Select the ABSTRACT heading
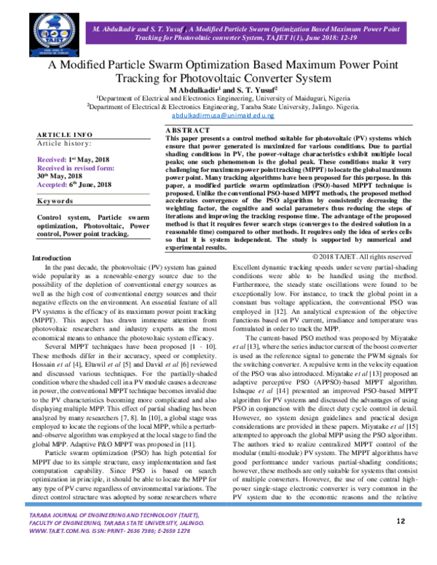[x=188, y=130]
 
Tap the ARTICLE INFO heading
[x=65, y=135]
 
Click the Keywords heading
[x=56, y=200]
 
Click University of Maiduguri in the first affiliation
[x=283, y=97]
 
